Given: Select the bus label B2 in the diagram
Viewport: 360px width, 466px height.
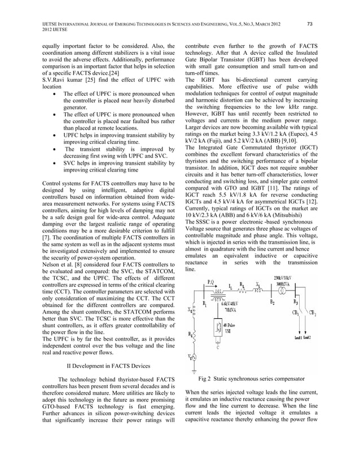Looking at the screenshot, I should pyautogui.click(x=273, y=303).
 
